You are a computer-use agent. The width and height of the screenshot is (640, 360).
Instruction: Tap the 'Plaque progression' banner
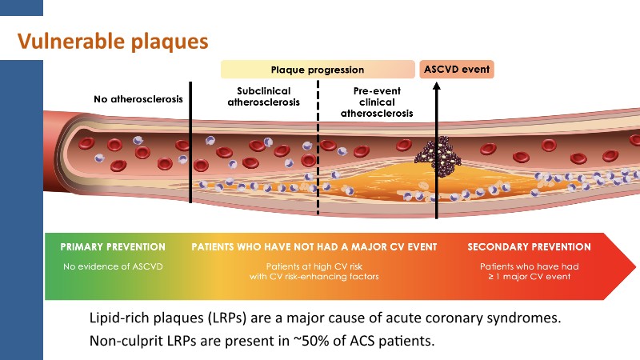point(318,70)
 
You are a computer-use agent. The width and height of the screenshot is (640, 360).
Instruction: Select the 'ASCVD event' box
point(457,70)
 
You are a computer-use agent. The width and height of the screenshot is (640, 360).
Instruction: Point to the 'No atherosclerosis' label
point(138,100)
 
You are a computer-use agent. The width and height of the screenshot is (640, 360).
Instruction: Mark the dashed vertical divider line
point(318,160)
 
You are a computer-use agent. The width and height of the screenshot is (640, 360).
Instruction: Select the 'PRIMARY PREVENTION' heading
point(113,247)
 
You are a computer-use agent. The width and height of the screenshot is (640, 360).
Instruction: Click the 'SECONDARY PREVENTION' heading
point(529,247)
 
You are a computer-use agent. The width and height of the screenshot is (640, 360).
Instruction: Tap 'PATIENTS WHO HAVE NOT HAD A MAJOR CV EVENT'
point(318,247)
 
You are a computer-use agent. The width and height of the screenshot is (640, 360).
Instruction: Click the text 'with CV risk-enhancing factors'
point(318,276)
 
